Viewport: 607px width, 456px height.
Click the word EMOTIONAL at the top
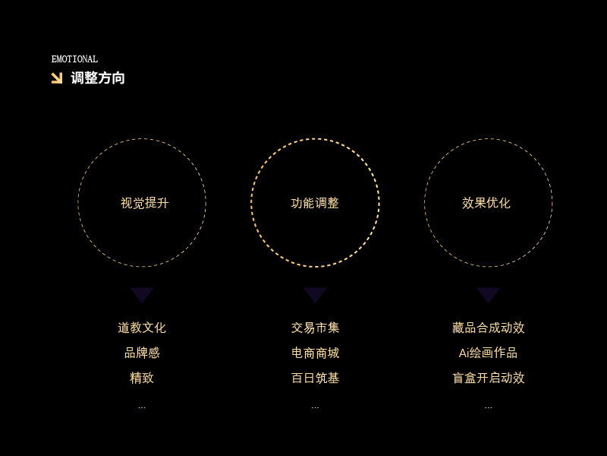tap(74, 59)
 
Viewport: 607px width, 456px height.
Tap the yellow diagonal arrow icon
tap(57, 78)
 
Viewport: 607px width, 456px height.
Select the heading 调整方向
tap(98, 78)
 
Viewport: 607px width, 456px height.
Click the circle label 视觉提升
tap(144, 203)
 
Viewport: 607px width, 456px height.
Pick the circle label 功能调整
tap(315, 203)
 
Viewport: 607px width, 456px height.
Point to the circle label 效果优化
tap(486, 203)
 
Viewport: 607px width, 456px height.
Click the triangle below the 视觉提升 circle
tap(142, 295)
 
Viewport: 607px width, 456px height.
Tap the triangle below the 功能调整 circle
tap(315, 295)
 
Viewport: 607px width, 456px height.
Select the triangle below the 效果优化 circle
tap(488, 295)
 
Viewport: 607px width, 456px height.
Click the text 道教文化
tap(142, 328)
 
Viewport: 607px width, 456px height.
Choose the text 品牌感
tap(142, 353)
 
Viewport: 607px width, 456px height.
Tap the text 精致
tap(142, 378)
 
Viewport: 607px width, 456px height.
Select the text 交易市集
tap(315, 328)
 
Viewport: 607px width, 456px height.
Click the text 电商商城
tap(315, 353)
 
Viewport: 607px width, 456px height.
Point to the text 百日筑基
tap(315, 378)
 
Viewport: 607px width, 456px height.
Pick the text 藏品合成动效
tap(488, 328)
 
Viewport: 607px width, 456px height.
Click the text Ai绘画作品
tap(488, 353)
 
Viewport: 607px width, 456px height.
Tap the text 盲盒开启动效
tap(488, 378)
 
